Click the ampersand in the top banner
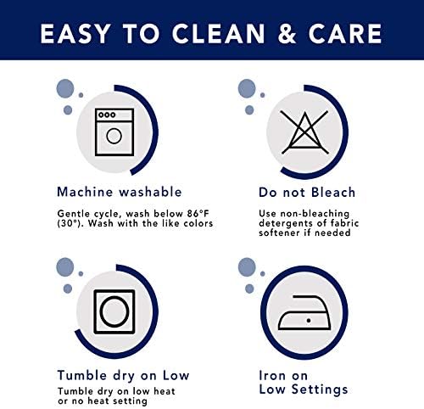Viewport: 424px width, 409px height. pyautogui.click(x=287, y=34)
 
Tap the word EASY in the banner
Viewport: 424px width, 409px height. pyautogui.click(x=75, y=34)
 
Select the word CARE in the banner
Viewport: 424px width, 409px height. pyautogui.click(x=345, y=34)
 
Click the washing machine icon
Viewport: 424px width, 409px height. pyautogui.click(x=114, y=132)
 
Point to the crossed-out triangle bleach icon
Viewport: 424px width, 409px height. pyautogui.click(x=304, y=132)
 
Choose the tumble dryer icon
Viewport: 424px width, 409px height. pyautogui.click(x=114, y=311)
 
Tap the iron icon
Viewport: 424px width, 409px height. pyautogui.click(x=304, y=312)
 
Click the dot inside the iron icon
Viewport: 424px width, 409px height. pyautogui.click(x=309, y=321)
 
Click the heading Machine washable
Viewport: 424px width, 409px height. pyautogui.click(x=120, y=192)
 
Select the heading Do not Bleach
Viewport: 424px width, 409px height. pyautogui.click(x=307, y=193)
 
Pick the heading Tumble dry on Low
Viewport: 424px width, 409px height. pyautogui.click(x=123, y=376)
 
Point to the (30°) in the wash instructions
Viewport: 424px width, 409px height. pyautogui.click(x=69, y=223)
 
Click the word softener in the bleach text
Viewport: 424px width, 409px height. pyautogui.click(x=279, y=233)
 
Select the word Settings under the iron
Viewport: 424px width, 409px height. pyautogui.click(x=320, y=389)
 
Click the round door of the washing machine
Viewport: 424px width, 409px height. pyautogui.click(x=114, y=136)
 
